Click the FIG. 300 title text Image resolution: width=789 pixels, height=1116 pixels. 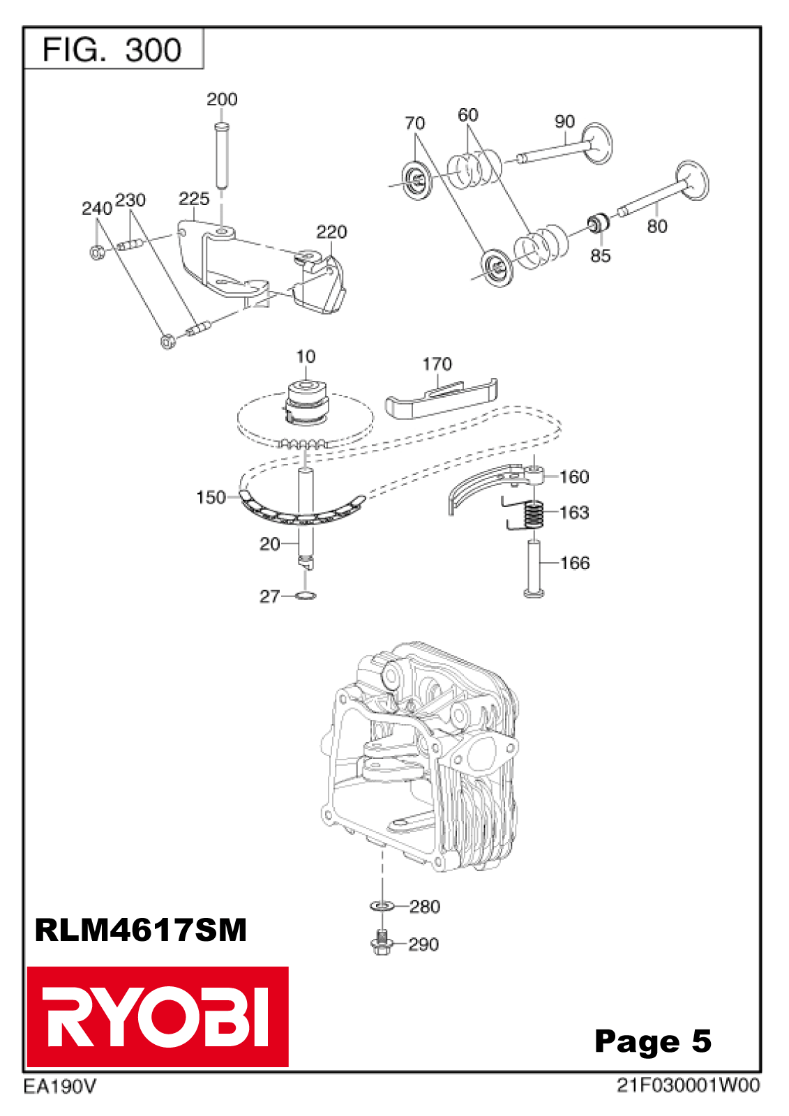click(112, 50)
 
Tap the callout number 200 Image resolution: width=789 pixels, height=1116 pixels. click(222, 100)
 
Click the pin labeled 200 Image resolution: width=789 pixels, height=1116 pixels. click(221, 155)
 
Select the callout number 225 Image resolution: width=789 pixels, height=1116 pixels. click(194, 199)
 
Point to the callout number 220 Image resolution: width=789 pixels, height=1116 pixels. click(331, 232)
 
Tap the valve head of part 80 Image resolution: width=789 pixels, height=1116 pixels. click(692, 179)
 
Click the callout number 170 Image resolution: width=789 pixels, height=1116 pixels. click(437, 364)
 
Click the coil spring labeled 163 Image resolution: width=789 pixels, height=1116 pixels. click(534, 515)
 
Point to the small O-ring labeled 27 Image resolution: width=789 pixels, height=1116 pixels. click(306, 596)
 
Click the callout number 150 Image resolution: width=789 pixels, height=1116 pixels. click(211, 497)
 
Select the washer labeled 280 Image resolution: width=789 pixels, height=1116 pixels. click(382, 905)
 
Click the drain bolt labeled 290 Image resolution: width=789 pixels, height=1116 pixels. click(381, 943)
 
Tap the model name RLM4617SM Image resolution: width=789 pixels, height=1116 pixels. click(141, 930)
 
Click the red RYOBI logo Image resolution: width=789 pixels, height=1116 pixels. click(158, 1016)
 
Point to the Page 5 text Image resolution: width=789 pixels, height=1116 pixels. click(653, 1041)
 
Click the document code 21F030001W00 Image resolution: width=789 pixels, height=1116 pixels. click(688, 1085)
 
